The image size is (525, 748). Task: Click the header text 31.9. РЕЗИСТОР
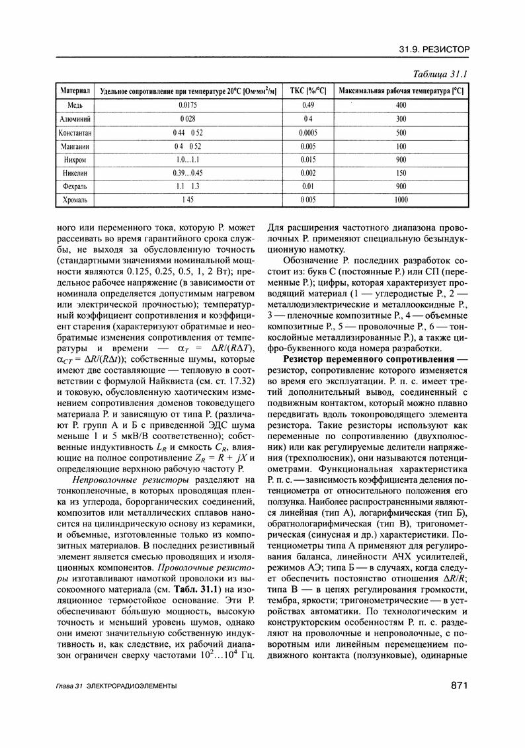[x=434, y=50]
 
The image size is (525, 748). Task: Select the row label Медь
[x=75, y=104]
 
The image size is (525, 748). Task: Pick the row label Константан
[x=75, y=133]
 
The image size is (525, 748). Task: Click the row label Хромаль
[x=75, y=199]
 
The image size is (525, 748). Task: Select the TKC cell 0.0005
[x=307, y=133]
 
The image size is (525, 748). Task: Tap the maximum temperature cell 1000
[x=401, y=199]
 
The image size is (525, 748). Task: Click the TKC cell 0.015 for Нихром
[x=307, y=160]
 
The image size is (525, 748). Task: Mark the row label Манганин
[x=75, y=146]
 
